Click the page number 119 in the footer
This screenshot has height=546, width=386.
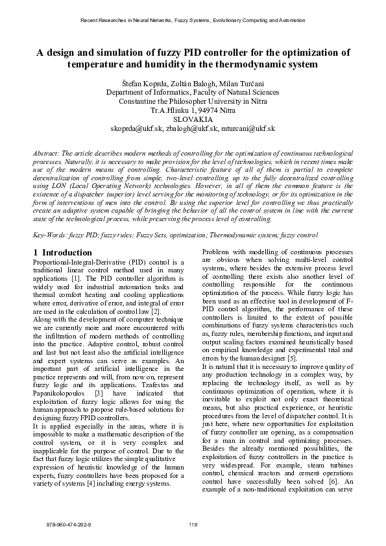point(193,524)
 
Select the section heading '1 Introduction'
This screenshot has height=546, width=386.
point(62,252)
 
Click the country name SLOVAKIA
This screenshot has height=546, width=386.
point(193,119)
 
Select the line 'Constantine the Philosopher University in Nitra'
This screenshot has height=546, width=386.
point(193,101)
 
